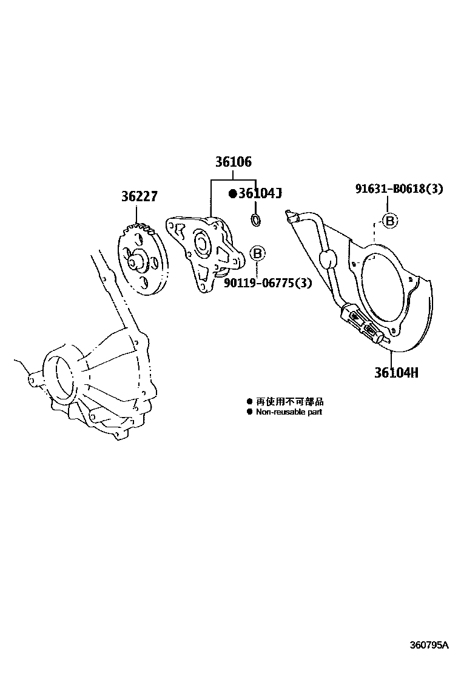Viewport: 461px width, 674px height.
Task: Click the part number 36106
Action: pos(232,162)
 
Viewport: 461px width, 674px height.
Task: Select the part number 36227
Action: pos(139,197)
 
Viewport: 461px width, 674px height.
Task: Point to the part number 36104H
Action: pos(395,372)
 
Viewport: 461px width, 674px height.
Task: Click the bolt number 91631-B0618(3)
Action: pos(399,189)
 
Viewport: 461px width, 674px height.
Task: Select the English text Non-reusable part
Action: pos(289,412)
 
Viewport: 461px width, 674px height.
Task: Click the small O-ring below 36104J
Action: pos(256,219)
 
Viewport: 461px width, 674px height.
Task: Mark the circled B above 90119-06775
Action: pos(257,253)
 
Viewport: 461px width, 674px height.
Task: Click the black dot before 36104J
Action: pos(232,193)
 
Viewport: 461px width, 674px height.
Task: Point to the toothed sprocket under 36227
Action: pos(144,261)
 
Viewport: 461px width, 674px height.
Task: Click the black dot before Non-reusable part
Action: pos(249,412)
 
